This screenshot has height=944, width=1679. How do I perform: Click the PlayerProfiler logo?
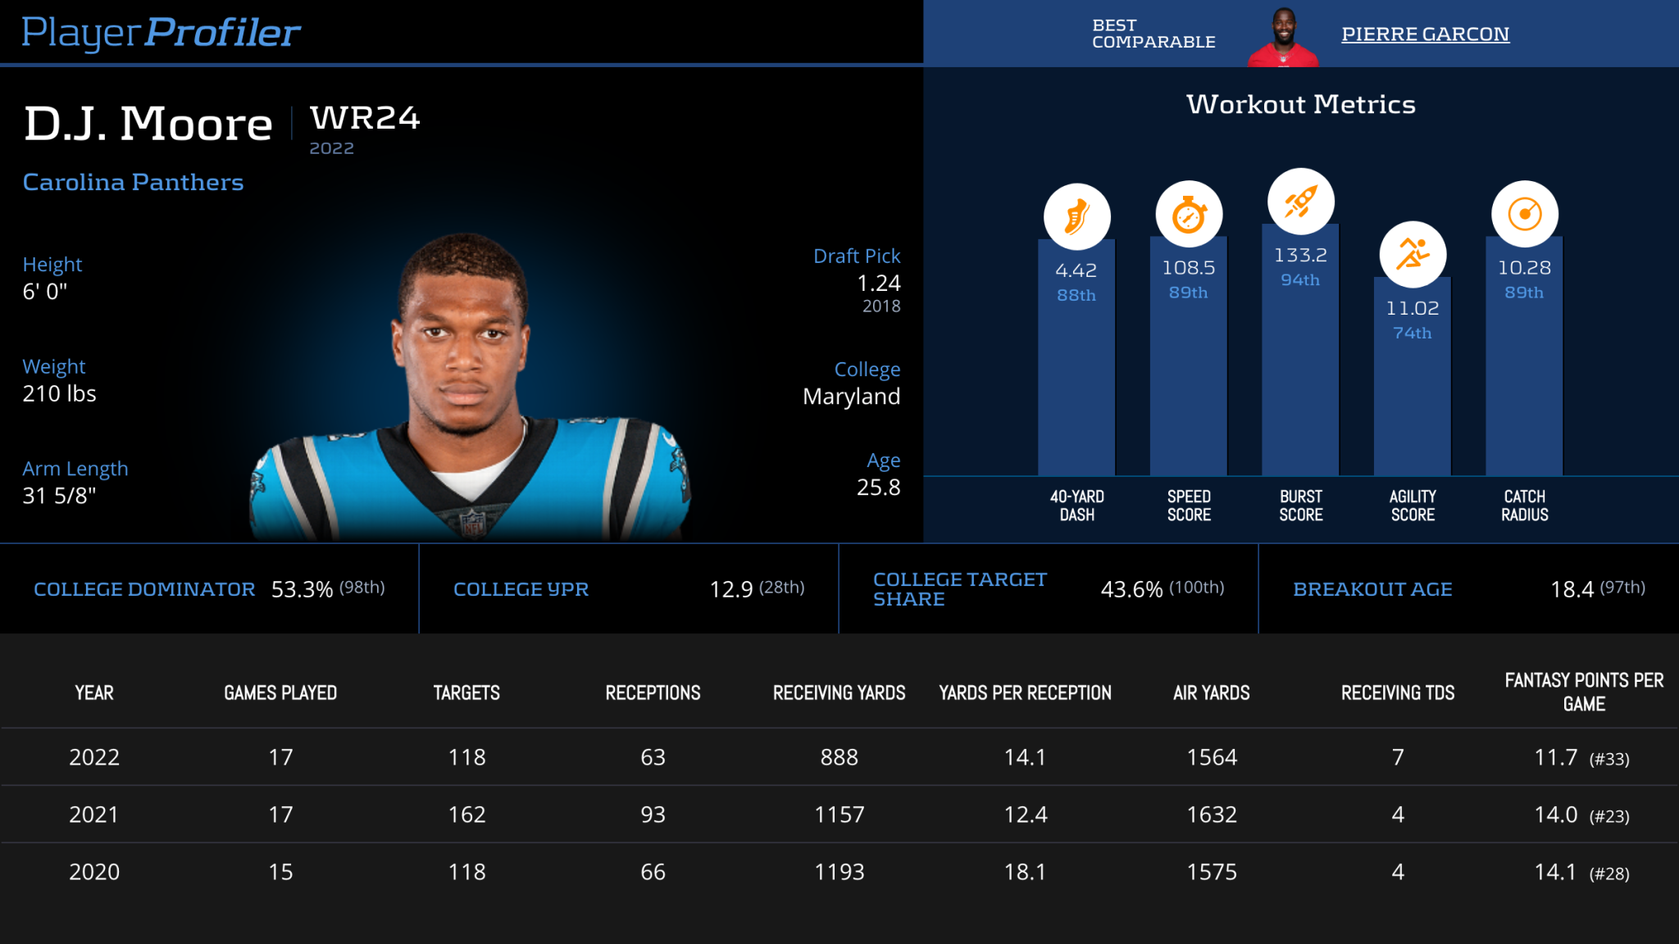coord(161,33)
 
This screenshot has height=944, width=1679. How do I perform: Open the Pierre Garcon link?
coord(1425,34)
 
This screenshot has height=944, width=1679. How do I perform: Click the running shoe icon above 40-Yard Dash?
coord(1076,217)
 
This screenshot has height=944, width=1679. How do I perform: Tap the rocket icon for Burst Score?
coord(1300,202)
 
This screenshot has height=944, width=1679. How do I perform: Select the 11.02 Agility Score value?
coord(1412,308)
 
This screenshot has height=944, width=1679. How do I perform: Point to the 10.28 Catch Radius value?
coord(1524,268)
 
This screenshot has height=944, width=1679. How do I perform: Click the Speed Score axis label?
coord(1189,506)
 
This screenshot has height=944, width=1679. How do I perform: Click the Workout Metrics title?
coord(1300,105)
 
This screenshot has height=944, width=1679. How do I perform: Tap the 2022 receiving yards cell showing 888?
coord(839,757)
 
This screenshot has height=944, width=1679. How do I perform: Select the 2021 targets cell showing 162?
coord(466,815)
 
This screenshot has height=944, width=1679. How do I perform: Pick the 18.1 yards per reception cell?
coord(1025,872)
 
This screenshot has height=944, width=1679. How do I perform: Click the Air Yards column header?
coord(1211,693)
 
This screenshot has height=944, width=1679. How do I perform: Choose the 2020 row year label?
coord(94,872)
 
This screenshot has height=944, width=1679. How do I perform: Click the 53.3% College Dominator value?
coord(302,589)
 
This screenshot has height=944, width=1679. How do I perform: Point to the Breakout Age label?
coord(1372,589)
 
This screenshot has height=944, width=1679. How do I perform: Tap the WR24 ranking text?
coord(365,119)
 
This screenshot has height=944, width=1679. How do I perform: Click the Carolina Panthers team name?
coord(133,182)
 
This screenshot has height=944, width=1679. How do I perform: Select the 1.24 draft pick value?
coord(878,284)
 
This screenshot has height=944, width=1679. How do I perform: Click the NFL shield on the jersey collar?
coord(473,522)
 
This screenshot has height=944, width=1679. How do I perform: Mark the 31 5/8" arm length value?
coord(59,496)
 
